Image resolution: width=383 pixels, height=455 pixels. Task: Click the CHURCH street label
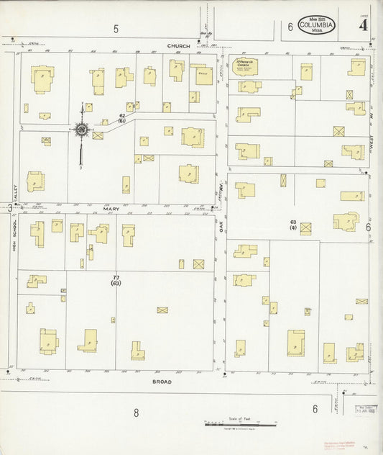pyautogui.click(x=179, y=45)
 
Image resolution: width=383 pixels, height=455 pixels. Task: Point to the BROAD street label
pyautogui.click(x=162, y=382)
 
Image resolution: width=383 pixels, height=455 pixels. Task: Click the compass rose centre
pyautogui.click(x=82, y=130)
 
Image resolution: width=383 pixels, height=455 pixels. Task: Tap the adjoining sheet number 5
pyautogui.click(x=115, y=28)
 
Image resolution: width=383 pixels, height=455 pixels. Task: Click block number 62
pyautogui.click(x=122, y=115)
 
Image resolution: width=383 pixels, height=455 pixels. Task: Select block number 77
pyautogui.click(x=116, y=277)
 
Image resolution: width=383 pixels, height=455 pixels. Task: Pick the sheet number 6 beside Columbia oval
pyautogui.click(x=290, y=27)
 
